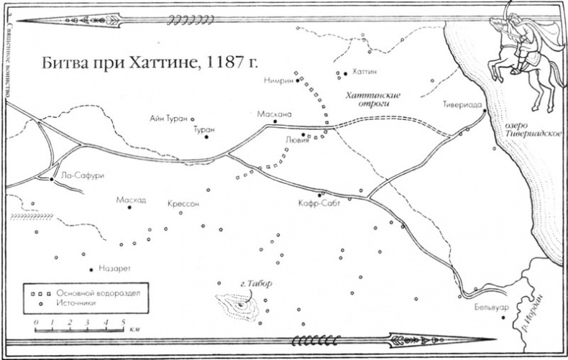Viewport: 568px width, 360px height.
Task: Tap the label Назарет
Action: point(112,270)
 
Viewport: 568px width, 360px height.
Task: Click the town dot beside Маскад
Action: point(130,208)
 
